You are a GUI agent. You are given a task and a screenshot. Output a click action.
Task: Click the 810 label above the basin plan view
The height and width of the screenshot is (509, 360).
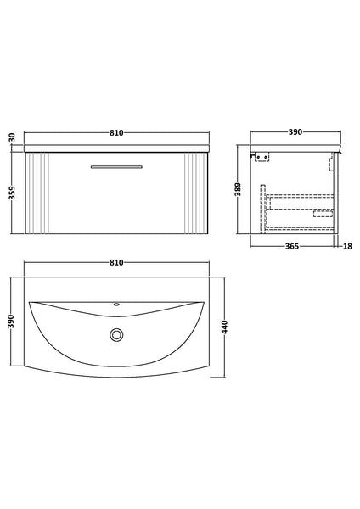coord(117,262)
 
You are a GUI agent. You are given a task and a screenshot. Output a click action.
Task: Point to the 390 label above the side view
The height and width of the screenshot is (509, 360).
coord(297,133)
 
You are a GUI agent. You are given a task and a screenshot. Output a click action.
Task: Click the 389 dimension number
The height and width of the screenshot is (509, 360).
coord(239,193)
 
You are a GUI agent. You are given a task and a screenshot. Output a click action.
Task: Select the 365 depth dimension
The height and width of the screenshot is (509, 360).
coord(294,246)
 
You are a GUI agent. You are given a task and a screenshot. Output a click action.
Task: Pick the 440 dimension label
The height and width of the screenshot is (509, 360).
coord(224,327)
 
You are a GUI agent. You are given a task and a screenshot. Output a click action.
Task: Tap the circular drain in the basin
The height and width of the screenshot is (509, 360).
coord(115,335)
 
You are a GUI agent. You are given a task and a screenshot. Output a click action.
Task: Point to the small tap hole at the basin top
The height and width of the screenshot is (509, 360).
coord(116,304)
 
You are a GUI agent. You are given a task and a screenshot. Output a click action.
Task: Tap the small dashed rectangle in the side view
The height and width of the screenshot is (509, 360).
coord(323,213)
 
